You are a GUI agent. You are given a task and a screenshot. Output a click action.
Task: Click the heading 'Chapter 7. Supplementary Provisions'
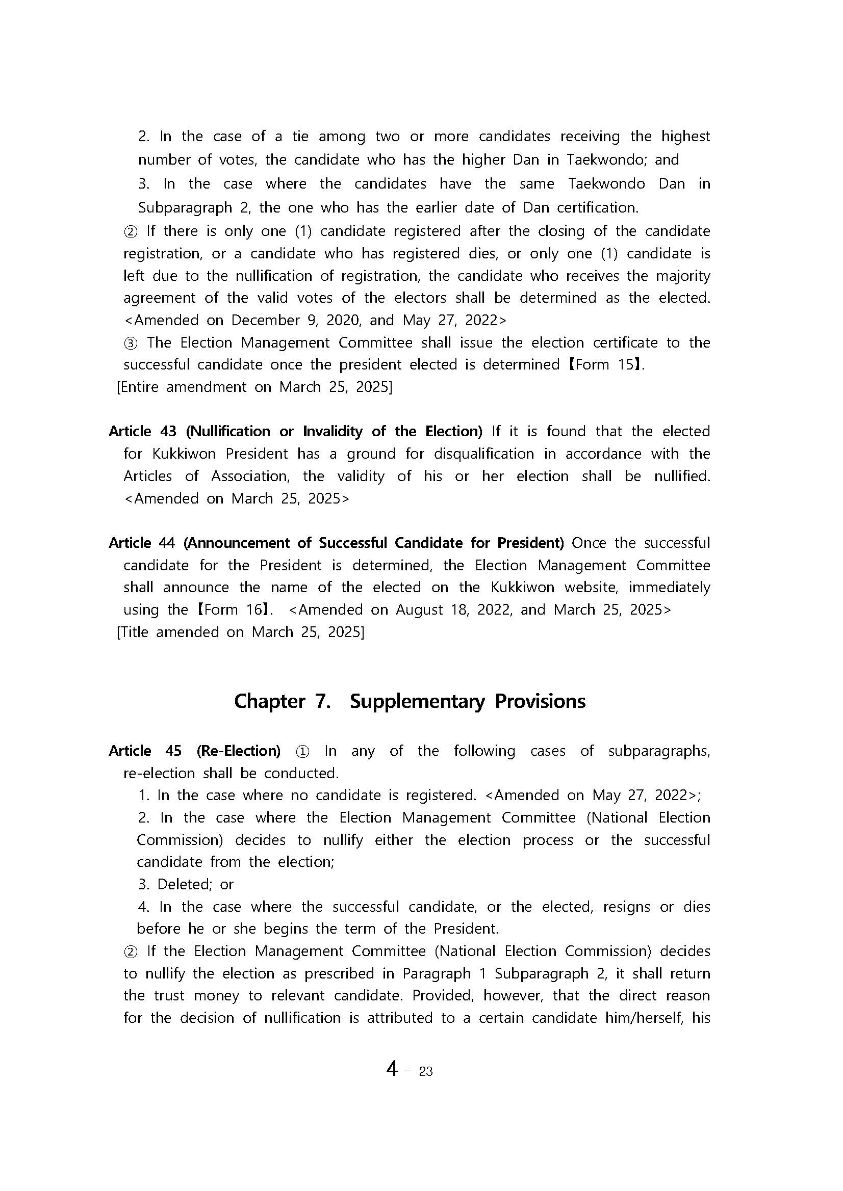pyautogui.click(x=410, y=701)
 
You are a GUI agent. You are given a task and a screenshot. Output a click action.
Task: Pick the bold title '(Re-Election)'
pyautogui.click(x=238, y=751)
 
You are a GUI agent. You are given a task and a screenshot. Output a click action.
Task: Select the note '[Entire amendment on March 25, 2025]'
pyautogui.click(x=254, y=387)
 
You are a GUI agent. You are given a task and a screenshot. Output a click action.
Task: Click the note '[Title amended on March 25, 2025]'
pyautogui.click(x=240, y=632)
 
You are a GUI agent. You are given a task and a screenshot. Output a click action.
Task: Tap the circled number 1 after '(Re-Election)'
pyautogui.click(x=302, y=752)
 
